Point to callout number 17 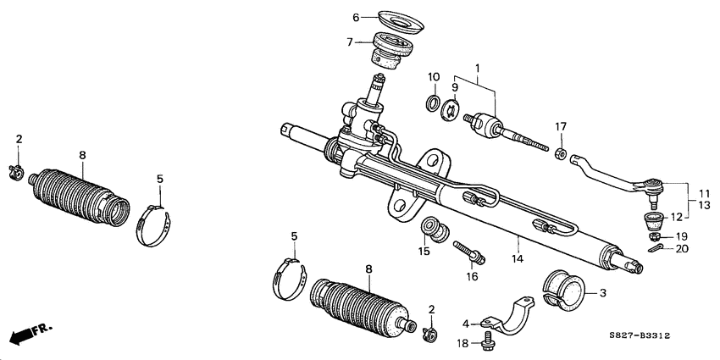point(560,127)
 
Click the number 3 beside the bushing point(602,293)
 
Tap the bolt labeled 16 point(468,252)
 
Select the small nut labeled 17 point(560,152)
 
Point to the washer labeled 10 point(433,104)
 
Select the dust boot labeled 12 point(652,222)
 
